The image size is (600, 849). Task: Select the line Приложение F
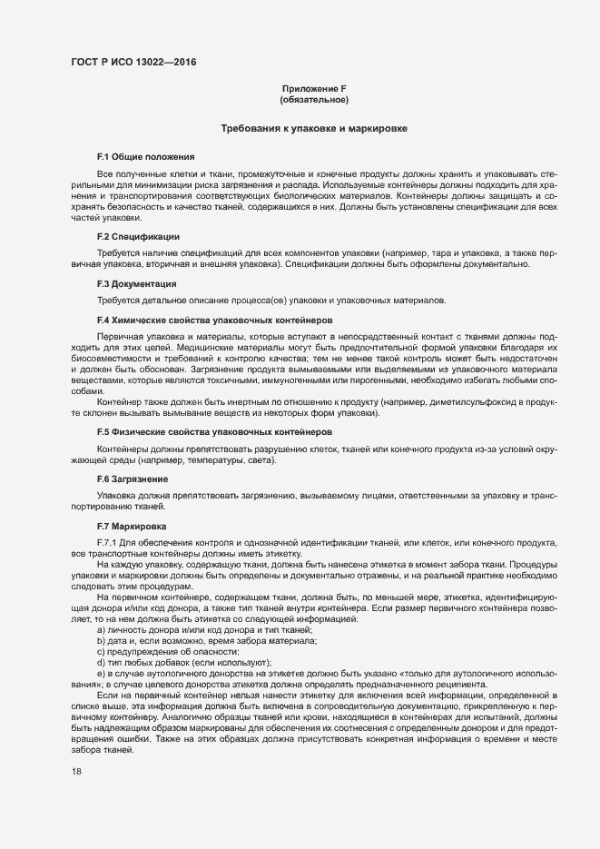[314, 88]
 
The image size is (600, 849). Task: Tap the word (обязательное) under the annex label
[314, 99]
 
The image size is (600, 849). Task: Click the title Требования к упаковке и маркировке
[314, 129]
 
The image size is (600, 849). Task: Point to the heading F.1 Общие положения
[145, 157]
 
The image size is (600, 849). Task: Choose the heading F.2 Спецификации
[138, 236]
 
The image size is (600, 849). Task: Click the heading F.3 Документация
[136, 284]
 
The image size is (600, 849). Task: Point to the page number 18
[76, 771]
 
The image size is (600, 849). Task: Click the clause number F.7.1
[108, 542]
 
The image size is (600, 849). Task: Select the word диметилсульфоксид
[485, 400]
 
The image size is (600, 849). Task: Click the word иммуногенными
[290, 382]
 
